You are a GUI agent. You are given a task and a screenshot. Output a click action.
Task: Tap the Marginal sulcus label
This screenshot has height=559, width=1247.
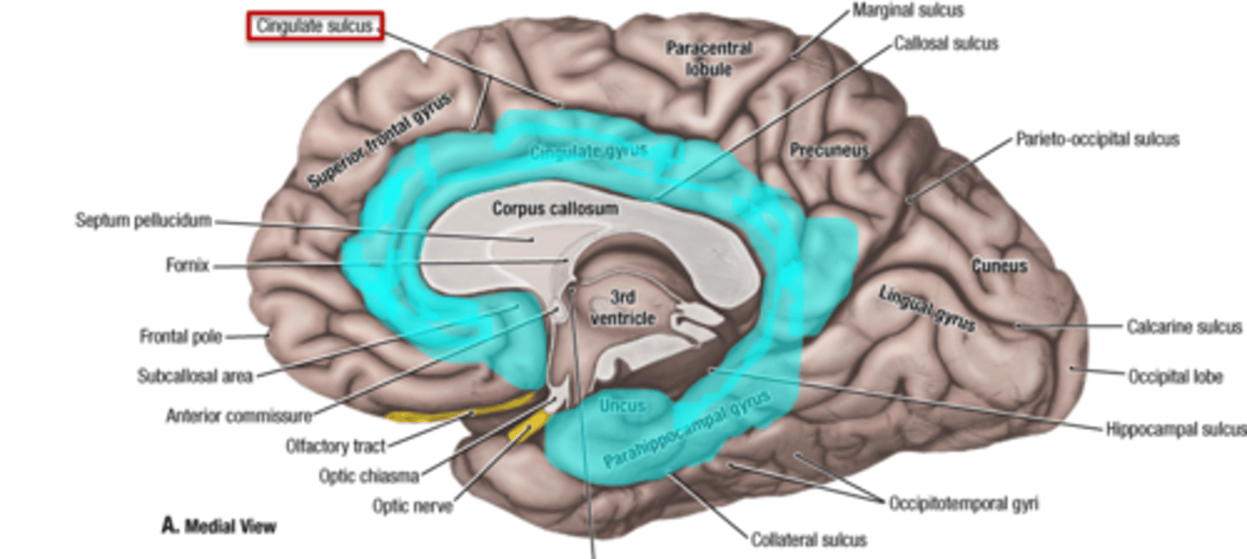coord(908,11)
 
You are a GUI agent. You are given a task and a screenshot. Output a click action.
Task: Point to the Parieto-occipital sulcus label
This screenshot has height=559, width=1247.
coord(1096,140)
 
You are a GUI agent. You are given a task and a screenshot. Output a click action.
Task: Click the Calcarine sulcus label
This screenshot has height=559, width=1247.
coord(1184,327)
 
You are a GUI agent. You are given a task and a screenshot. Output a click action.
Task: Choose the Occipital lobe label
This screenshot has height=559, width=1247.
coord(1175,377)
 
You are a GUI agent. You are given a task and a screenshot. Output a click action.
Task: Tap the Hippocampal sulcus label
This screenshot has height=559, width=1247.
coord(1175,429)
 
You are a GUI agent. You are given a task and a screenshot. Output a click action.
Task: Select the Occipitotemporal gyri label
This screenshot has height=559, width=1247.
coord(963,504)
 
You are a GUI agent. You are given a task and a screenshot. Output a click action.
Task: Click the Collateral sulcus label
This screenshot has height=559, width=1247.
coord(809,540)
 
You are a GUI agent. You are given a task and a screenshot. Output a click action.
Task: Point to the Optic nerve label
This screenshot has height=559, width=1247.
coord(412,505)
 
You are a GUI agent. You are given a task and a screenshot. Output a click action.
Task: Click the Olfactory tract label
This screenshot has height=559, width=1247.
coord(335,447)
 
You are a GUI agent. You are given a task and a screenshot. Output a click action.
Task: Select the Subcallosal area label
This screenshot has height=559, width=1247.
coord(194,376)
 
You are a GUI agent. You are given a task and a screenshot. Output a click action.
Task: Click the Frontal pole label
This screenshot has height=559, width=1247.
coord(180,335)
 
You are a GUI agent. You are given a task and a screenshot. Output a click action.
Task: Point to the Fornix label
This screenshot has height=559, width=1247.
coord(187,266)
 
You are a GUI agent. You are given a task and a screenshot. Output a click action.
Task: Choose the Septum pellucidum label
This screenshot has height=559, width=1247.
coord(143,221)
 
